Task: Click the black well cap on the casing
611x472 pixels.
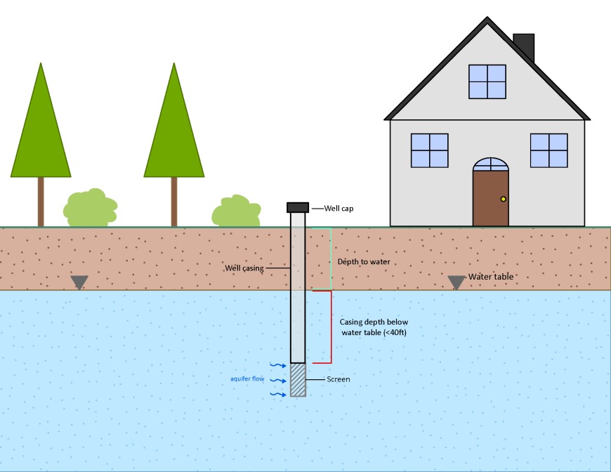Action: point(298,207)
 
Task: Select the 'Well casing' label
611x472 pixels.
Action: point(244,268)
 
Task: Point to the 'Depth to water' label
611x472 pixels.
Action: point(364,262)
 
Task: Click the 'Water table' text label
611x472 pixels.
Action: point(491,277)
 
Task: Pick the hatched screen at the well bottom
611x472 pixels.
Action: point(298,379)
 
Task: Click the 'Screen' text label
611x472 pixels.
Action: point(338,379)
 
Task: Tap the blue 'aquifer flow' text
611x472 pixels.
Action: point(247,379)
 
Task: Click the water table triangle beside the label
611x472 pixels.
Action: point(456,282)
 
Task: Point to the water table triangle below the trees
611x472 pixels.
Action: point(79,282)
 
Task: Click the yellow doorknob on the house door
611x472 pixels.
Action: point(503,199)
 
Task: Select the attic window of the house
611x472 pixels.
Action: point(487,81)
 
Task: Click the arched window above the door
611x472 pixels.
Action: point(490,165)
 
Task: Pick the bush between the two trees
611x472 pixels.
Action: point(90,207)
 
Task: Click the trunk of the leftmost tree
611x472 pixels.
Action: point(41,202)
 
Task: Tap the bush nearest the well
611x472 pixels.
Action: point(236,211)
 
